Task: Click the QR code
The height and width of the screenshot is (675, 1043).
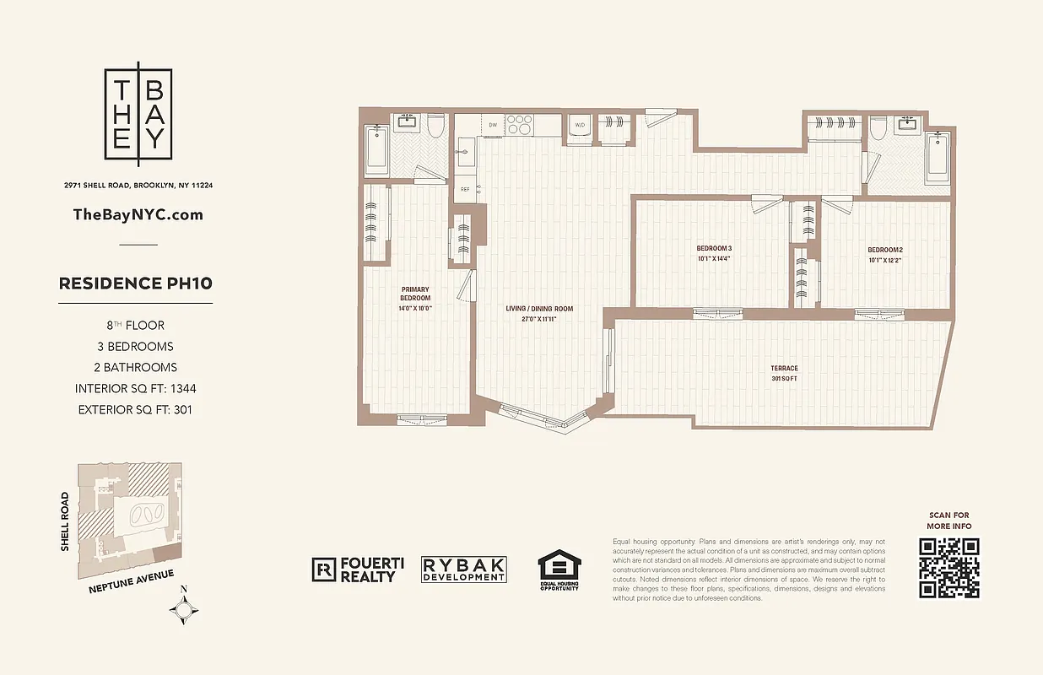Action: [x=949, y=568]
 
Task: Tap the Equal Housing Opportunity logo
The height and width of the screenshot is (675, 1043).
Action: [x=559, y=570]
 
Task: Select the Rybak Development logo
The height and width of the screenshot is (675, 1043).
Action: [x=464, y=570]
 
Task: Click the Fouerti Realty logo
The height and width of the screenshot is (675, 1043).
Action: [x=354, y=570]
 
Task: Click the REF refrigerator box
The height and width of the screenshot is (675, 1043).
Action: [x=464, y=189]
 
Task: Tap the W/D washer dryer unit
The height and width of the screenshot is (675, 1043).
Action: [x=580, y=126]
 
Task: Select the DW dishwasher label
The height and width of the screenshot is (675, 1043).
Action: [x=493, y=125]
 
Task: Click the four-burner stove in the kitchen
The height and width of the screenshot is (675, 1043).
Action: [x=520, y=125]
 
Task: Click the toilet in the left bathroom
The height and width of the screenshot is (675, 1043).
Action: [x=435, y=127]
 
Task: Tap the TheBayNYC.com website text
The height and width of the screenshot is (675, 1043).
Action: [x=138, y=214]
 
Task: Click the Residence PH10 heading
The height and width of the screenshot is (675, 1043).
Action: [x=135, y=283]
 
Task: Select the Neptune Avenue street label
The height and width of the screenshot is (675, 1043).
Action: [x=131, y=582]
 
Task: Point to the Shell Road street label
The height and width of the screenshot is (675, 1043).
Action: [x=65, y=522]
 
